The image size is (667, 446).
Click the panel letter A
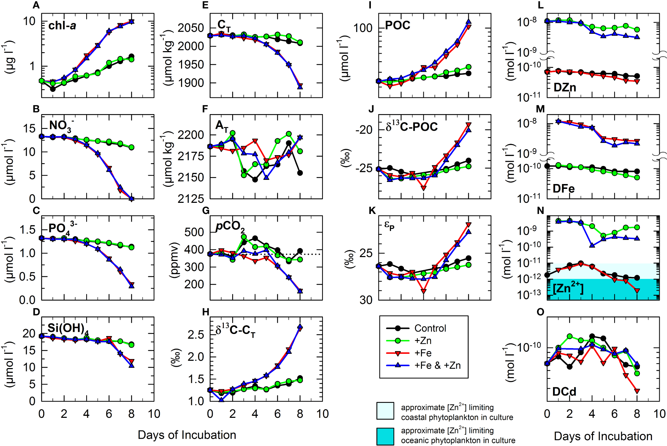(x=36, y=5)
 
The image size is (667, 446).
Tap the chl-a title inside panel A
(x=62, y=25)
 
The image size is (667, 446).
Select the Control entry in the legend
(x=430, y=328)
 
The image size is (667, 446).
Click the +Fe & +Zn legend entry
(x=437, y=365)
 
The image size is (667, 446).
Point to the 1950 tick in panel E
(x=191, y=65)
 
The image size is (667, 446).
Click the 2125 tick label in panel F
(x=191, y=199)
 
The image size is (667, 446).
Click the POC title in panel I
(x=398, y=25)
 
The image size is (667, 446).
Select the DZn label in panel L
(x=564, y=87)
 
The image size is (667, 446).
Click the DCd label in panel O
(x=564, y=392)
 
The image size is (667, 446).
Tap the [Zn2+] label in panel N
(x=568, y=288)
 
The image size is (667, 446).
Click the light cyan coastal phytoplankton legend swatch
(x=385, y=411)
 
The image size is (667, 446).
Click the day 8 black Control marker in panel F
(x=300, y=173)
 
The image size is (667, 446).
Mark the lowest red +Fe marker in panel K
(x=423, y=291)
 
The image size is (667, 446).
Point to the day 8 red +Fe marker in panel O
(x=637, y=391)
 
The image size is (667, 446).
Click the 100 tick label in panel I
(x=363, y=28)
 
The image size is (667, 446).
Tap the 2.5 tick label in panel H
(x=196, y=335)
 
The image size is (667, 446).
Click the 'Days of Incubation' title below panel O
(x=603, y=436)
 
